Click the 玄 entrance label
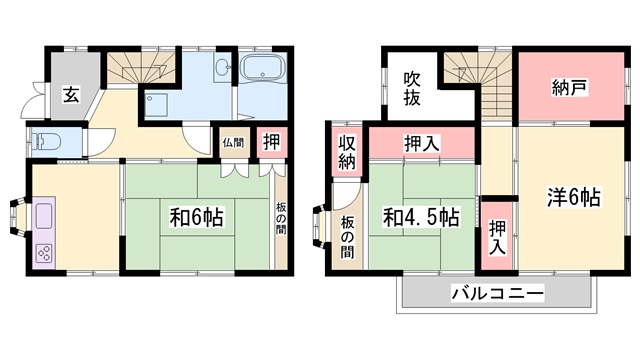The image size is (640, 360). [72, 95]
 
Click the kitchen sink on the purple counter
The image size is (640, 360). [46, 216]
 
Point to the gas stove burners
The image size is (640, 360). [46, 252]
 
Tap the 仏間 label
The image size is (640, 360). [233, 141]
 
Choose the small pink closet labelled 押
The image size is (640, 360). [271, 141]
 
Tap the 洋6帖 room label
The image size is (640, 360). [573, 196]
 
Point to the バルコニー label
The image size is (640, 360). [496, 294]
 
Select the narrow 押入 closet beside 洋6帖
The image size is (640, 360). [496, 236]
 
